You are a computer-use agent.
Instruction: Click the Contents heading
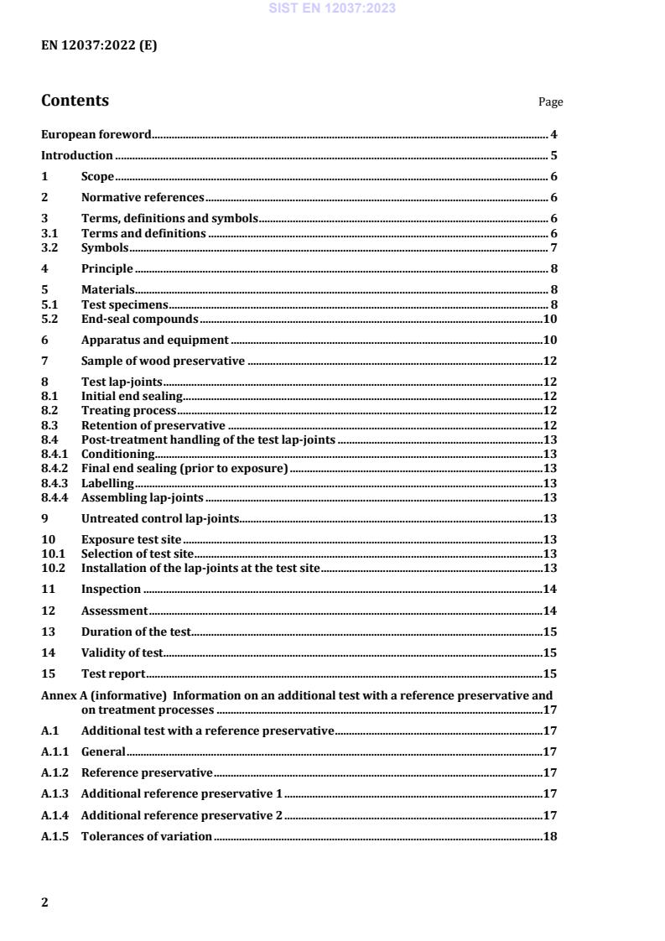coord(75,101)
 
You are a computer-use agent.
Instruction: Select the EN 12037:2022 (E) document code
coord(99,46)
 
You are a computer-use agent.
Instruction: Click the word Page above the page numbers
coord(550,102)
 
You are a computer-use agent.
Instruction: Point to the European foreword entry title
coord(96,134)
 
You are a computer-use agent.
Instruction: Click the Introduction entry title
coord(77,155)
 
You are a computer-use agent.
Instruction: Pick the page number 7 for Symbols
coord(554,247)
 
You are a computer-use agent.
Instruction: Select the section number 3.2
coord(49,247)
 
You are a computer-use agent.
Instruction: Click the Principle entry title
coord(107,268)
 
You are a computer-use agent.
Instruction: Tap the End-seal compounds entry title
coord(139,319)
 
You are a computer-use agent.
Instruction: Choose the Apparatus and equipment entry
coord(154,340)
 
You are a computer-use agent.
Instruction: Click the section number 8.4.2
coord(54,468)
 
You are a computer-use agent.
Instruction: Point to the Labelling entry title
coord(107,483)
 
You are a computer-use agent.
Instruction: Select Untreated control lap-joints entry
coord(160,518)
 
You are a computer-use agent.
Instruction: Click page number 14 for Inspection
coord(551,590)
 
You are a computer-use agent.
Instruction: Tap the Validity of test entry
coord(122,652)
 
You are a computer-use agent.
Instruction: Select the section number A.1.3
coord(55,793)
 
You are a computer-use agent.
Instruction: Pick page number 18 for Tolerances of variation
coord(551,836)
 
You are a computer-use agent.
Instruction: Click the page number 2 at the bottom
coord(45,902)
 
